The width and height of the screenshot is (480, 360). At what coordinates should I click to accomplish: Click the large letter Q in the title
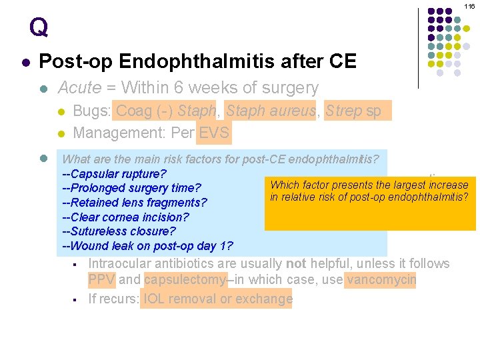coord(39,27)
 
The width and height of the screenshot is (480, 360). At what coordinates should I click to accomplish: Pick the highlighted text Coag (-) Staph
coord(167,111)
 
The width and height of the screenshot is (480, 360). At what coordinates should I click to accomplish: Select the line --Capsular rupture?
coord(114,173)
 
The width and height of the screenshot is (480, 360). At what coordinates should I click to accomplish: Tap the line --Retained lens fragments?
coord(134,203)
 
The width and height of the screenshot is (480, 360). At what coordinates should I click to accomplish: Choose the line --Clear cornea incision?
coord(125,217)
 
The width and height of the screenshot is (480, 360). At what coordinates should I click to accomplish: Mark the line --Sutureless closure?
coord(119,232)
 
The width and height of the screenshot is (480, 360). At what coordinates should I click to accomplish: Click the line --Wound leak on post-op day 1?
coord(147,247)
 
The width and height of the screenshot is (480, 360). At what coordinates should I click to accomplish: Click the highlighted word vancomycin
coord(381,280)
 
